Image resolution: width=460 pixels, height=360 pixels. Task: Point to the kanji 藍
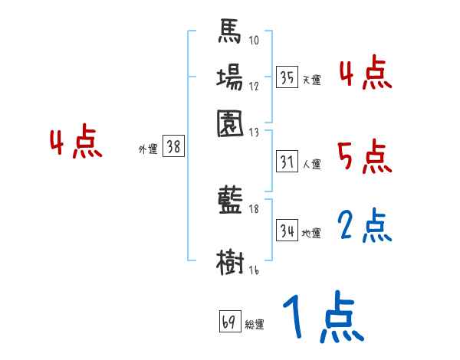click(x=230, y=201)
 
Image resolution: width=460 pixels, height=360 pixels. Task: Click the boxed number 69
click(x=228, y=322)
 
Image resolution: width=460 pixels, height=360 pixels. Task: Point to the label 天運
click(x=312, y=80)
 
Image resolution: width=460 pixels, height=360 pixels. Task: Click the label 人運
click(x=312, y=164)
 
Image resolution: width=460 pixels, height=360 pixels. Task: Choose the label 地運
click(x=312, y=232)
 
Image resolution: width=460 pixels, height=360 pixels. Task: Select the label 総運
click(x=255, y=324)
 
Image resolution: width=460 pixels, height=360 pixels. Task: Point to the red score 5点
click(x=364, y=157)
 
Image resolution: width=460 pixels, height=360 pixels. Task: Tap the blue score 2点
click(x=365, y=227)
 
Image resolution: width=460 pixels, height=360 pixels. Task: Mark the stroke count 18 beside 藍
click(x=255, y=208)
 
